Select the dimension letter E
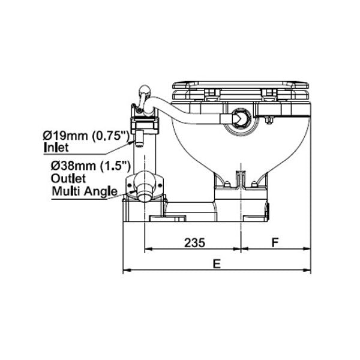[x=217, y=263]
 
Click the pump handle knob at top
[x=143, y=92]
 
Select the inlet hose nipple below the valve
[x=137, y=139]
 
